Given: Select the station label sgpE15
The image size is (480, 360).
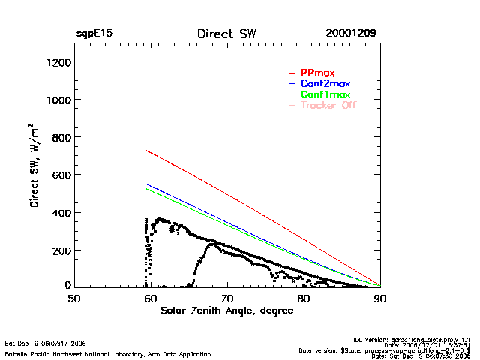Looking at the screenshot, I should (x=94, y=34).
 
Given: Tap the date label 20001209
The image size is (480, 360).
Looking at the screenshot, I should (x=351, y=34).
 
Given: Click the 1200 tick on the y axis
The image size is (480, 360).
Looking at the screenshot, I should (x=57, y=62).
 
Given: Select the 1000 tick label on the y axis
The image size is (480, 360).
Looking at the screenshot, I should (x=57, y=100).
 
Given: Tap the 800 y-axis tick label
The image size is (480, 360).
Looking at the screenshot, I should (x=60, y=137).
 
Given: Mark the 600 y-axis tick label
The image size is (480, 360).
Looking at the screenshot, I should (x=60, y=175).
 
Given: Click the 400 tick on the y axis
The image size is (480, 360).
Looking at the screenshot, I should (x=60, y=212).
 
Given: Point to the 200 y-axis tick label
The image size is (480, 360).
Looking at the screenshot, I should (x=60, y=250).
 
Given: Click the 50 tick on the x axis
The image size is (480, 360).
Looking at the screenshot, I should (x=74, y=298).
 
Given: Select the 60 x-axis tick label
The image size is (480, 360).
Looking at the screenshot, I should (x=151, y=298).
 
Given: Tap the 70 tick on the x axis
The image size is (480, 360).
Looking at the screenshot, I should (x=227, y=298).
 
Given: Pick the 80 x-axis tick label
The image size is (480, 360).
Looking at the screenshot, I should (x=304, y=298).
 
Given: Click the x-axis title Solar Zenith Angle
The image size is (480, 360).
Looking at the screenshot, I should (x=227, y=311).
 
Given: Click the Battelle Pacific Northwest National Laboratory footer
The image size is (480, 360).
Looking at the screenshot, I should (x=108, y=353).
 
